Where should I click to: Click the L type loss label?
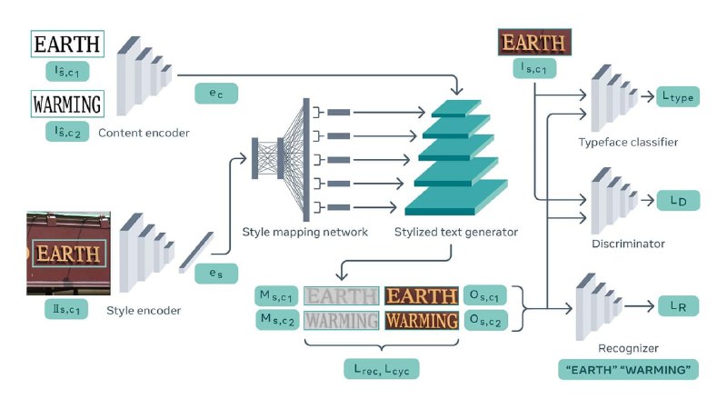[678, 96]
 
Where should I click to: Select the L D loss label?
[678, 200]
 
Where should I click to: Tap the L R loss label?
[678, 306]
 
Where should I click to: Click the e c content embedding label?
[216, 94]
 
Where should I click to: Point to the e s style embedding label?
[216, 274]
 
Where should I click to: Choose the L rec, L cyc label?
[381, 369]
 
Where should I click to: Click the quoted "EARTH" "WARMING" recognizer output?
[628, 370]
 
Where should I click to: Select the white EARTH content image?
[67, 44]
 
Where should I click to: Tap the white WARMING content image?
[67, 104]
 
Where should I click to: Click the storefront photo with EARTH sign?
[69, 254]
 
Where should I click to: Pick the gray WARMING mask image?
[342, 321]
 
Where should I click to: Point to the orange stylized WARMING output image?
[422, 321]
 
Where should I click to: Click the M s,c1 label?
[276, 295]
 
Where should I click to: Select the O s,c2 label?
[485, 320]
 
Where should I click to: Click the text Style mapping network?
[305, 232]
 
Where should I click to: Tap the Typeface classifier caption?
[628, 142]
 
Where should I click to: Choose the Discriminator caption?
[628, 244]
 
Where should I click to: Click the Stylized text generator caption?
[456, 232]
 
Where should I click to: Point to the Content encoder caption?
[144, 133]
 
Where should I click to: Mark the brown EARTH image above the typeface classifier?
[534, 42]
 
